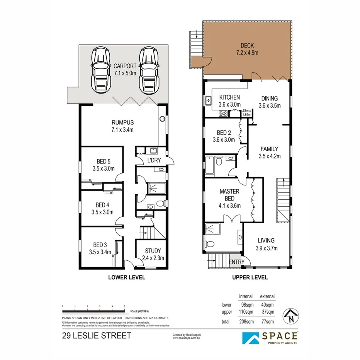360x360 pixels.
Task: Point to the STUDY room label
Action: click(150, 251)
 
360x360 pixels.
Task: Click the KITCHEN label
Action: click(229, 98)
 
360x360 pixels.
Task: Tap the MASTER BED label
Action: click(229, 195)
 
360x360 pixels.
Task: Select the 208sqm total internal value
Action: click(246, 321)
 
